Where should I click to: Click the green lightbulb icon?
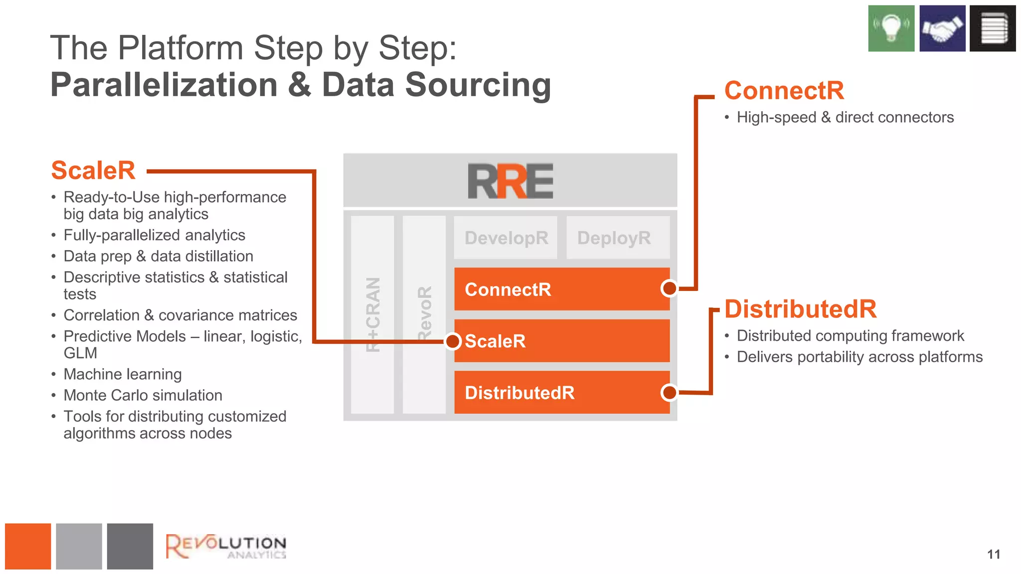[891, 28]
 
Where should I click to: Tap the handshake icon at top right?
[942, 28]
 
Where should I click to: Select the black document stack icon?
[993, 28]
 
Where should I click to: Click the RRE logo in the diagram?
[510, 181]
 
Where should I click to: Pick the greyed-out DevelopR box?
[506, 238]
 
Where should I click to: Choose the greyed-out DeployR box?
[617, 238]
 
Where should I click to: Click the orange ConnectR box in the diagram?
[553, 289]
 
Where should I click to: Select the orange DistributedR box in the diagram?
[553, 393]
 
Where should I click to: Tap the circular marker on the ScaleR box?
[453, 341]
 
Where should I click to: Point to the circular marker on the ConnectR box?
[669, 288]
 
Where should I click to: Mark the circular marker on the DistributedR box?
[669, 393]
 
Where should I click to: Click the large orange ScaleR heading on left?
[93, 170]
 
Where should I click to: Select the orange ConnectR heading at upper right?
[784, 91]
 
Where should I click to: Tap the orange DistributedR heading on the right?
[800, 309]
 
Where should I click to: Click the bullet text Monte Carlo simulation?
[143, 395]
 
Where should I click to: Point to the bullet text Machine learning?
[123, 374]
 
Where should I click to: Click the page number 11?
[993, 555]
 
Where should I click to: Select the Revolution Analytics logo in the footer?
[226, 547]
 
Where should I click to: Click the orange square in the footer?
[28, 546]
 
